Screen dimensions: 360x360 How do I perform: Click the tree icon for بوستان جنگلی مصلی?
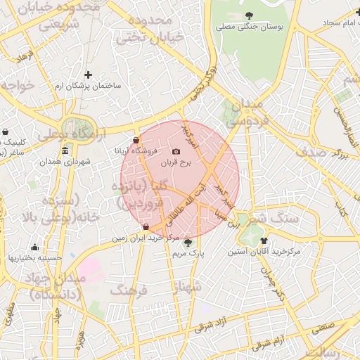249,15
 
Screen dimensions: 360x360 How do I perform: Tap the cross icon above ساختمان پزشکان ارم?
88,75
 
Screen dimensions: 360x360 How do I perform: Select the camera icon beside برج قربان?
176,152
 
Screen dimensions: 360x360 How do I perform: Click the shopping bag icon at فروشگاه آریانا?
136,141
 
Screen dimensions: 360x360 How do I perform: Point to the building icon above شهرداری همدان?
65,151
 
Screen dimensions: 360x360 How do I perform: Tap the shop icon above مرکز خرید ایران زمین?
146,227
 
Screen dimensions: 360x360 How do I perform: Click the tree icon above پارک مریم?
187,243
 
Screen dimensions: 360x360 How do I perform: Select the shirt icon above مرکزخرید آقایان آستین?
264,240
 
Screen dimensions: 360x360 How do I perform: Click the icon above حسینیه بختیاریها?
34,247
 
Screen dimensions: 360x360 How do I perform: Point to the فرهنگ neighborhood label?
129,290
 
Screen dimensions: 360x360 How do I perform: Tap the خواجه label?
17,84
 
